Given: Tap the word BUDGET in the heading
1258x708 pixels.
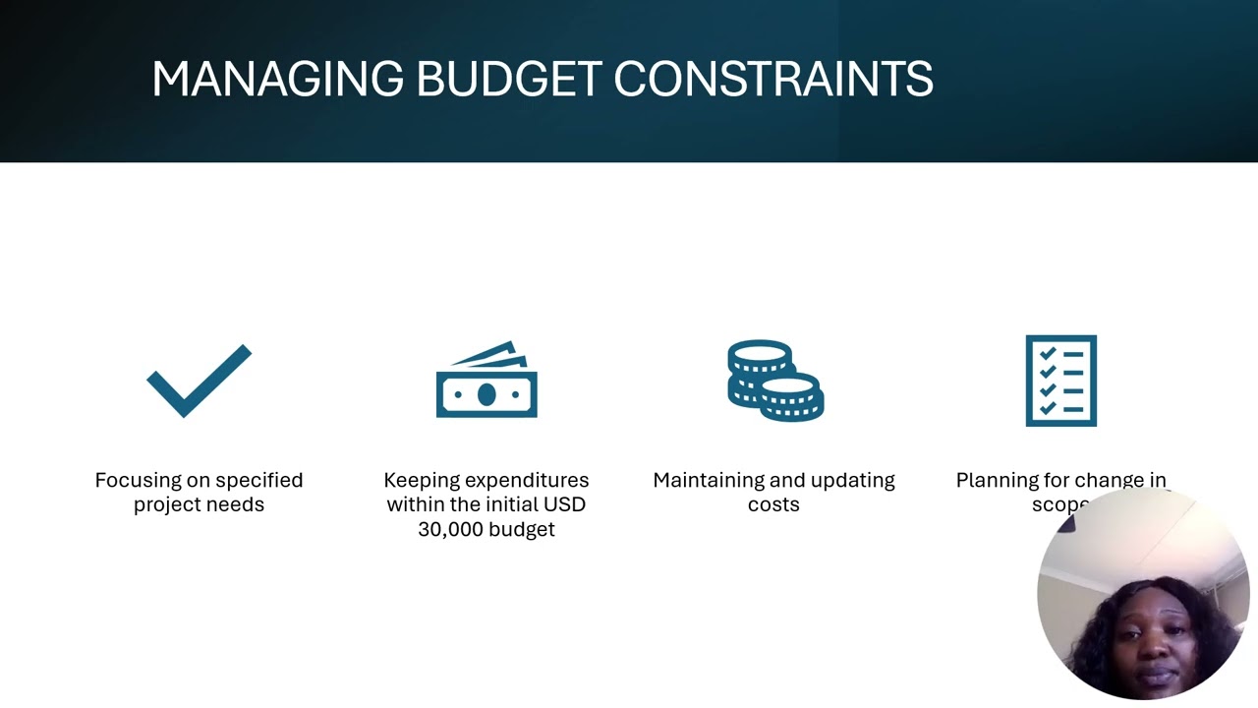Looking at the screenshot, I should pyautogui.click(x=508, y=80).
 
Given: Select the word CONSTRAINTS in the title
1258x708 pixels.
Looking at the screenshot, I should pyautogui.click(x=772, y=80).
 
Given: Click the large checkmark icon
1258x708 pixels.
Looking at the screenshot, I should pyautogui.click(x=200, y=380).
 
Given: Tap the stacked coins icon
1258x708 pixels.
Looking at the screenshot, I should pyautogui.click(x=774, y=381).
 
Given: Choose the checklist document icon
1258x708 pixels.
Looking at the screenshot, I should pyautogui.click(x=1060, y=381).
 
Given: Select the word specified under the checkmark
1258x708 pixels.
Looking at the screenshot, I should pyautogui.click(x=259, y=481).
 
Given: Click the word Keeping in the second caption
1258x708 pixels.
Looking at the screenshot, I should pyautogui.click(x=420, y=481).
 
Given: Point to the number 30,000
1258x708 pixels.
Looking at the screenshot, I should pyautogui.click(x=456, y=530).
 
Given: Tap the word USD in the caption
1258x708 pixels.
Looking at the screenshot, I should pyautogui.click(x=566, y=505).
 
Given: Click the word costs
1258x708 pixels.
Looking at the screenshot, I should pyautogui.click(x=773, y=505).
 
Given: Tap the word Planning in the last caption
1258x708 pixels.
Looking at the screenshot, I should pyautogui.click(x=995, y=481).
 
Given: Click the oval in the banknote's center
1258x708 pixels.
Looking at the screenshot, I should pyautogui.click(x=486, y=395).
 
